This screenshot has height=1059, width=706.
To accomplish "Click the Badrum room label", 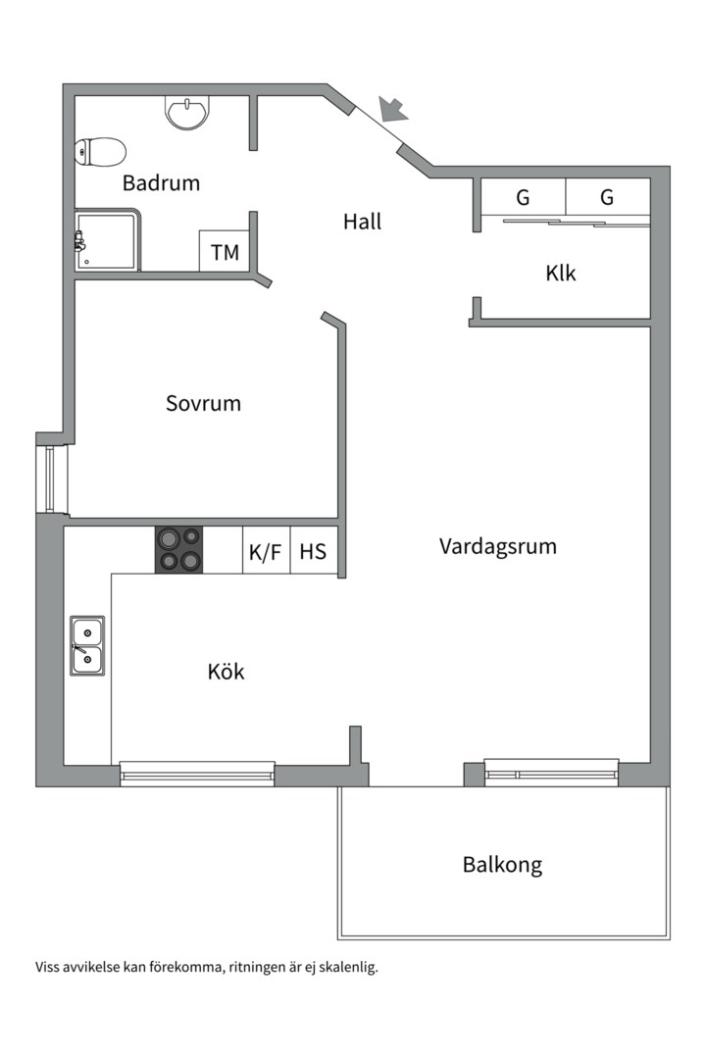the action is (161, 183).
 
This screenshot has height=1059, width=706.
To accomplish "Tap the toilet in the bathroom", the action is (101, 152).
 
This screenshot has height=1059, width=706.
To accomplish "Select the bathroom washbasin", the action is (187, 112).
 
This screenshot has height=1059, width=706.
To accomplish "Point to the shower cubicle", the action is (108, 240).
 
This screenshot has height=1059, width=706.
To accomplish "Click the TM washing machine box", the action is (225, 251).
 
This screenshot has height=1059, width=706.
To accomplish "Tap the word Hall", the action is (362, 222).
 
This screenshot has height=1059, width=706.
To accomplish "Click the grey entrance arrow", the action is (393, 109).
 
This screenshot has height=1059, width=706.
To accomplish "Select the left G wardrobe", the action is (523, 197).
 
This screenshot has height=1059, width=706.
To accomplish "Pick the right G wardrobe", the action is (607, 197).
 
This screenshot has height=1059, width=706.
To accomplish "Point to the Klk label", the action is (561, 274).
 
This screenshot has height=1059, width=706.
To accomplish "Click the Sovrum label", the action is (203, 403).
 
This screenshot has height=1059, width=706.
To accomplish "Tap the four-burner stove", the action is (179, 550).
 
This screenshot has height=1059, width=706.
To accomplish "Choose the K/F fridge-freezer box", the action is (266, 551).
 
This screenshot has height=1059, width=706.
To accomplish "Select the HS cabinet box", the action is (314, 551).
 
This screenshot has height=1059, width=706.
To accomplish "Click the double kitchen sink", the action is (87, 645).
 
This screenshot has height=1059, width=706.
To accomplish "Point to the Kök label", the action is (227, 672).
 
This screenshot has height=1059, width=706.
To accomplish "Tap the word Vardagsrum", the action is (498, 546).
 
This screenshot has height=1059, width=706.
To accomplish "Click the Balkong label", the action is (503, 865).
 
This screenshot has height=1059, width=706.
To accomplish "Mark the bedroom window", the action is (51, 479).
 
